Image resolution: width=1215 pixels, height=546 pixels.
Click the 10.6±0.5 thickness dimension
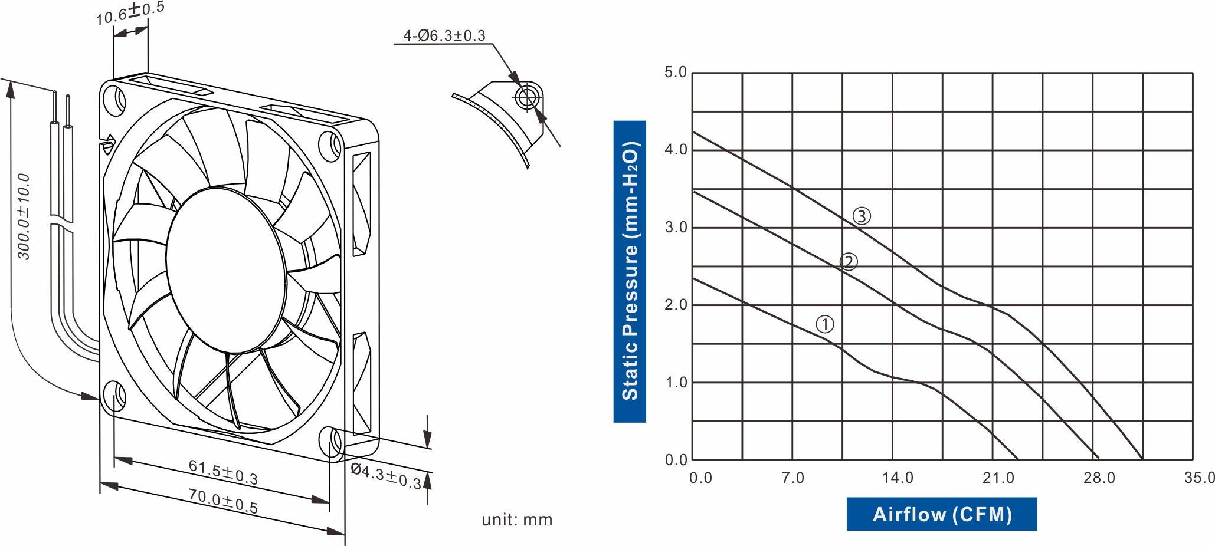tap(130, 13)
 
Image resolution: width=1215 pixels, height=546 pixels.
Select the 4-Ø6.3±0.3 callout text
tap(444, 35)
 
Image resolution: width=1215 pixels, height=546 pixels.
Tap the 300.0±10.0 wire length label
tap(23, 216)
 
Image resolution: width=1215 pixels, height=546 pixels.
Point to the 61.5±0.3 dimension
tap(223, 472)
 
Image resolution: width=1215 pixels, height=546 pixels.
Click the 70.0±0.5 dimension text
tap(223, 501)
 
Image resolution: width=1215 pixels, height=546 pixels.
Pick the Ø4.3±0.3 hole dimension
tap(386, 476)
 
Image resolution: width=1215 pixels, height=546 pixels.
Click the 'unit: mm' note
tap(517, 519)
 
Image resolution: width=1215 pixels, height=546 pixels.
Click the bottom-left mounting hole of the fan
tap(113, 396)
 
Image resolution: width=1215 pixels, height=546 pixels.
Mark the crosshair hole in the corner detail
tap(527, 97)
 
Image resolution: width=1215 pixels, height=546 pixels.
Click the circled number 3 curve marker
tap(862, 216)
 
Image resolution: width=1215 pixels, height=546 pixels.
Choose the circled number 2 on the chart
tap(849, 262)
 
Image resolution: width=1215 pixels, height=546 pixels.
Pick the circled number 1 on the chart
tap(824, 324)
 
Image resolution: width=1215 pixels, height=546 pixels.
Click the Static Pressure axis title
tap(630, 271)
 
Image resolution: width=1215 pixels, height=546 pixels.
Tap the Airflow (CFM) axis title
tap(942, 514)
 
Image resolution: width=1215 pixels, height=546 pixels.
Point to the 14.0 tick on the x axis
tap(897, 478)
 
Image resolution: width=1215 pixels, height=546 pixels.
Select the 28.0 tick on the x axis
tap(1099, 478)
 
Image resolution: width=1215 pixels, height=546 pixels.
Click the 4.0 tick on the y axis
tap(676, 150)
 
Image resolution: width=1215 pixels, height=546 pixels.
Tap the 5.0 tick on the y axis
tap(676, 73)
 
